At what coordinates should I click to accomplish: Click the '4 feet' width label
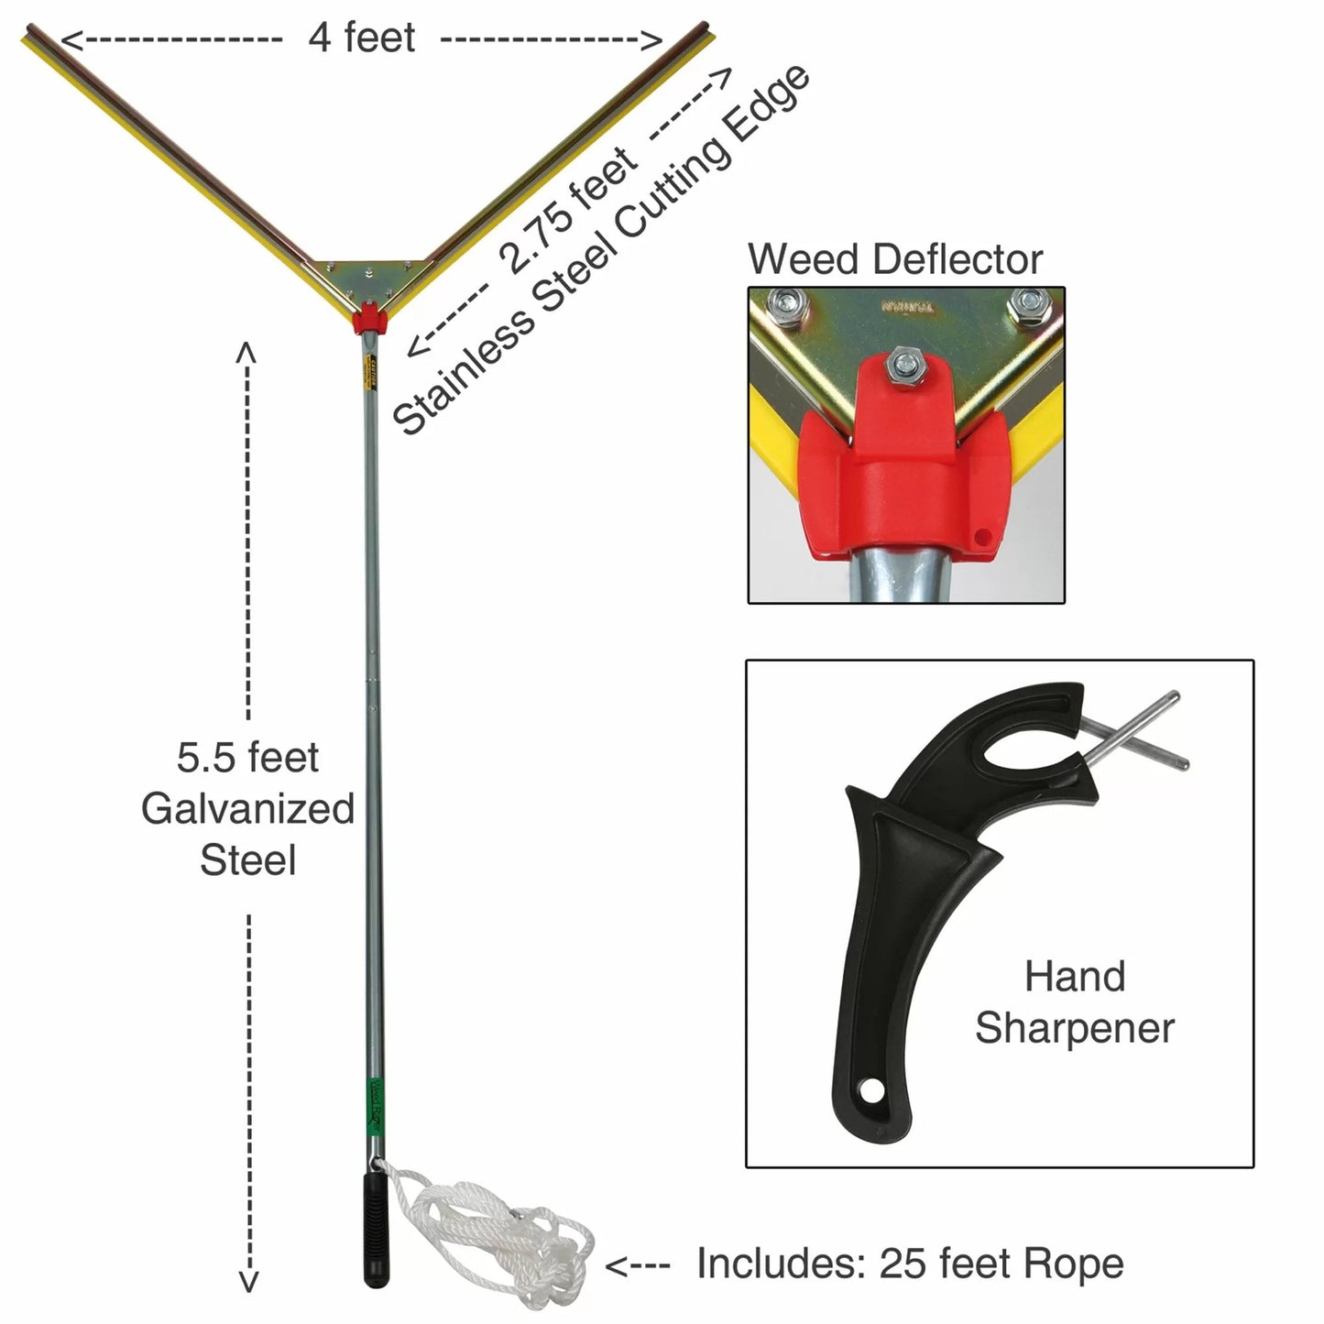click(361, 38)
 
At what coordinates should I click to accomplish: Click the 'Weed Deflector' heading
click(895, 259)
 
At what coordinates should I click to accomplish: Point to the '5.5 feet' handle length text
click(247, 758)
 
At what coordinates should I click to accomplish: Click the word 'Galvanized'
click(247, 809)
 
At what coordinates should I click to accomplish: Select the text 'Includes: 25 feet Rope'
click(909, 1264)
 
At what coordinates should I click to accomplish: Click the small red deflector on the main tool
click(370, 318)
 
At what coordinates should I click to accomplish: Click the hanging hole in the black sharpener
click(869, 1091)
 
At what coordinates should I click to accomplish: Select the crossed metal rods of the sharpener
click(1136, 733)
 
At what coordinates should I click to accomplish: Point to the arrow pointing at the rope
click(637, 1266)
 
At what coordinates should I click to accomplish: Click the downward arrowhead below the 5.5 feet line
click(248, 1282)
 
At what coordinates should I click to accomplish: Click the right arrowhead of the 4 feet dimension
click(651, 39)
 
